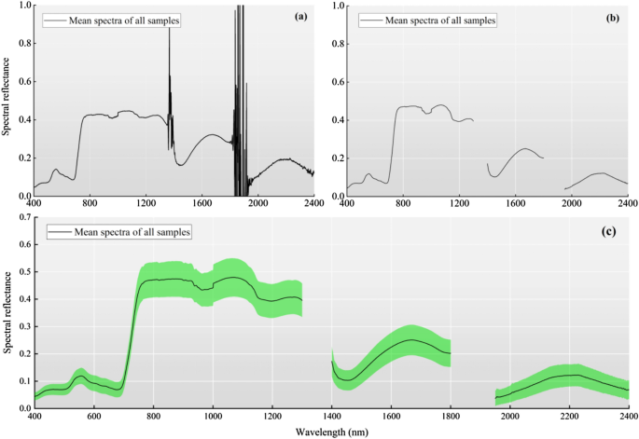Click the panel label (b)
pos(611,16)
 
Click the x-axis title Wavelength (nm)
pos(331,431)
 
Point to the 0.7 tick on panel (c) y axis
pos(22,218)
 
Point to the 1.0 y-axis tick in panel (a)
pos(22,6)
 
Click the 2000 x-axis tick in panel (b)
pos(571,204)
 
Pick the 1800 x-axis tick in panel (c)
pos(451,416)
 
